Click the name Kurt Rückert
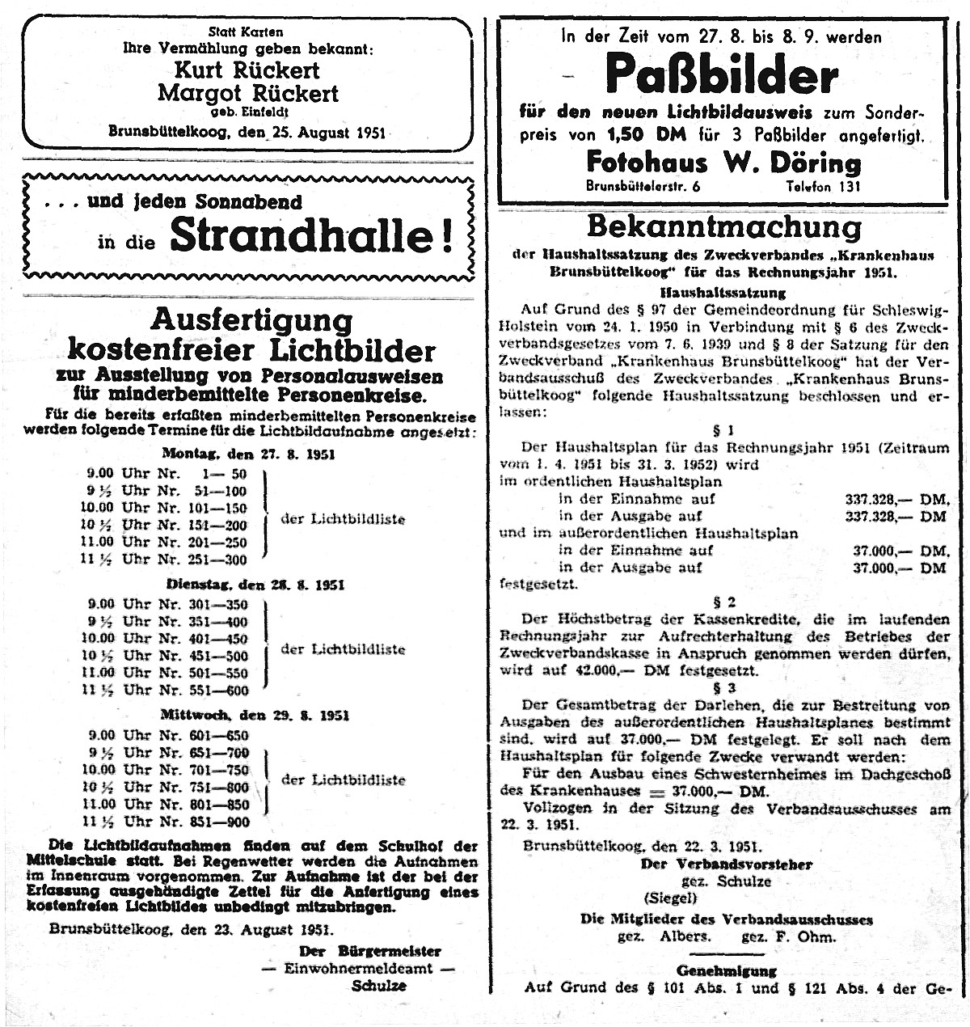(x=247, y=70)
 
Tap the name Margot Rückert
(x=247, y=93)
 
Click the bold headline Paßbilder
(x=721, y=75)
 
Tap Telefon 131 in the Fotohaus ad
(x=824, y=187)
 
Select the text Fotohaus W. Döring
(x=723, y=163)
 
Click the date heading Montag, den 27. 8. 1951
(x=248, y=454)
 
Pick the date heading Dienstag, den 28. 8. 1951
(x=255, y=585)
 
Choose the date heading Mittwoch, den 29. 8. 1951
(x=255, y=716)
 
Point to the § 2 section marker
(x=724, y=602)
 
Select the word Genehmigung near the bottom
(x=726, y=970)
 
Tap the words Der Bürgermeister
(x=370, y=951)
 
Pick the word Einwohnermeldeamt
(x=359, y=969)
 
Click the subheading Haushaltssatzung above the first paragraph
(x=723, y=294)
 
